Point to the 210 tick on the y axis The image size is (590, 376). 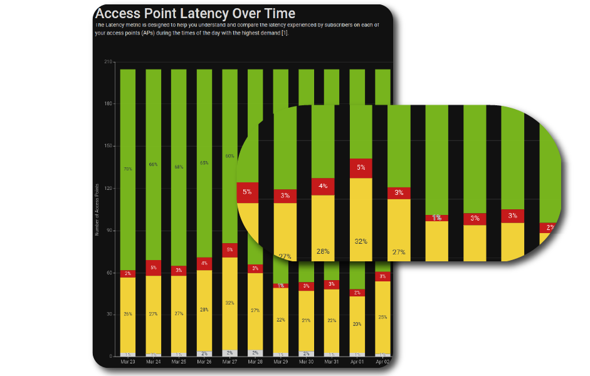point(108,62)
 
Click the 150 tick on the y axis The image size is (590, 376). point(108,146)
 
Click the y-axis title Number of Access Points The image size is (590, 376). point(97,210)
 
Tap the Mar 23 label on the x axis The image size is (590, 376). point(128,362)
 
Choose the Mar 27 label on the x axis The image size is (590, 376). point(229,362)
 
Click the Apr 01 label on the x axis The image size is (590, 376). point(357,362)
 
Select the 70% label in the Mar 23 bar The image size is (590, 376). point(128,169)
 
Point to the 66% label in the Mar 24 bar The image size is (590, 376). point(153,164)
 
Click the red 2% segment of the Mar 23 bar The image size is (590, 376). point(128,273)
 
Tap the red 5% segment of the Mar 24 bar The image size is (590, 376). point(153,268)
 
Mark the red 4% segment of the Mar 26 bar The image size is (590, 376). point(204,264)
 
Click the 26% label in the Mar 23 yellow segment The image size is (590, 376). point(128,314)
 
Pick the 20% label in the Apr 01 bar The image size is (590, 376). point(357,324)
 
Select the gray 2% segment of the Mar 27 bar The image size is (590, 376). point(229,353)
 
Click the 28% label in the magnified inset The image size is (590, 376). point(323,251)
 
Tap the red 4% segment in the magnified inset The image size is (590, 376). point(323,186)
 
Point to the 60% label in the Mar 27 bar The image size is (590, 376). point(229,156)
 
